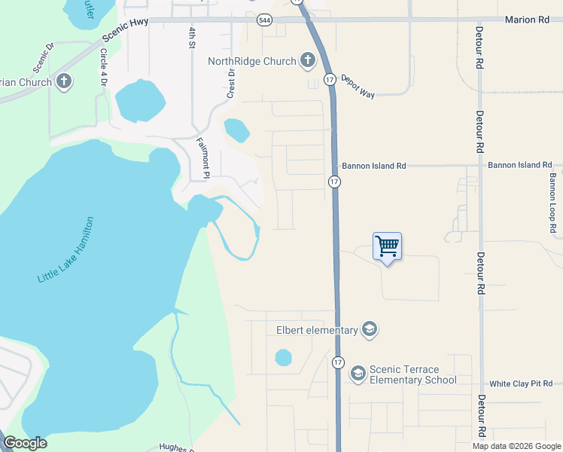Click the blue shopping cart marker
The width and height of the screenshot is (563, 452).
coord(387,246)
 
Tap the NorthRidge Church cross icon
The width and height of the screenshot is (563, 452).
coord(307,60)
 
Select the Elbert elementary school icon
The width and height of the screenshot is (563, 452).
coord(369,330)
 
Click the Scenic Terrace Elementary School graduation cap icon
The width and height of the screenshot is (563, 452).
coord(358,373)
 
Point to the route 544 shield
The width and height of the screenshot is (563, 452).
coord(264,20)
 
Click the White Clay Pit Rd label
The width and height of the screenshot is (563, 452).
coord(521,384)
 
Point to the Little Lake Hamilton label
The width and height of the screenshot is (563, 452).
coord(66,250)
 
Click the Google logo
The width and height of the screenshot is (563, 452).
coord(25,443)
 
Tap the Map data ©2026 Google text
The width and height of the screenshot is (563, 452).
coord(517,446)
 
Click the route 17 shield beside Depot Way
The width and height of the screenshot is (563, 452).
coord(330,79)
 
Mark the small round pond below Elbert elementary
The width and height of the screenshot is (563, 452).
coord(283,357)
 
